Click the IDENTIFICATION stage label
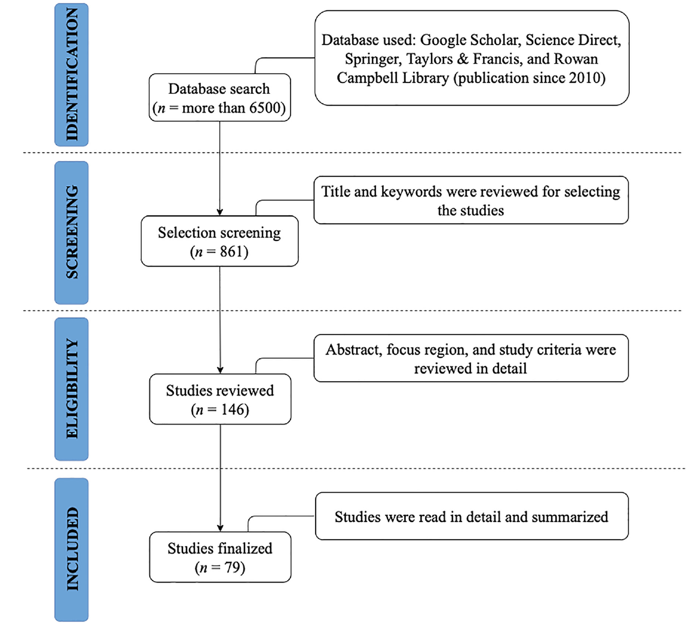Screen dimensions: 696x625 click(72, 75)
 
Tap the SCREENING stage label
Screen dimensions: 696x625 click(72, 233)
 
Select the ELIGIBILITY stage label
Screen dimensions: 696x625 click(72, 389)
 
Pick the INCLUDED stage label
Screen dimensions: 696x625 click(72, 549)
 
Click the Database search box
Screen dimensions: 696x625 click(220, 98)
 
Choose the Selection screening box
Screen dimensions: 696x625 click(220, 241)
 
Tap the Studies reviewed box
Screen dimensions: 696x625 click(220, 399)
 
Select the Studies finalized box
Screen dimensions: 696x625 click(220, 557)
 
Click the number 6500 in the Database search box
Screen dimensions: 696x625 click(265, 108)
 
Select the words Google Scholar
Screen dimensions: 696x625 click(469, 40)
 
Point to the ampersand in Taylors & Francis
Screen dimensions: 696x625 click(463, 59)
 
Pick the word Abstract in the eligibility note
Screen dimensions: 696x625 click(354, 350)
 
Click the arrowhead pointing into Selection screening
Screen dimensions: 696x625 click(220, 212)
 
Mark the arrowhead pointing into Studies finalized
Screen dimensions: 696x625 click(220, 528)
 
